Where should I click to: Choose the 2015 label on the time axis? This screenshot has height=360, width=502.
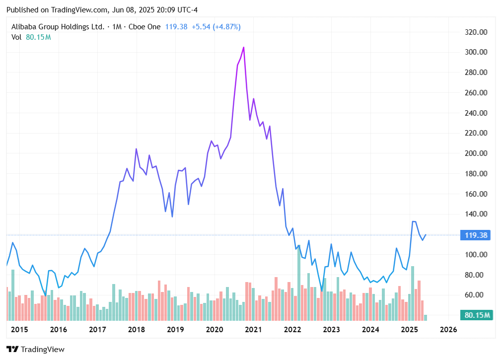pyautogui.click(x=19, y=330)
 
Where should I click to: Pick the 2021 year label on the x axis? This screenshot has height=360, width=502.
pyautogui.click(x=253, y=330)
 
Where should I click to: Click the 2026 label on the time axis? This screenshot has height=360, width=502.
pyautogui.click(x=448, y=330)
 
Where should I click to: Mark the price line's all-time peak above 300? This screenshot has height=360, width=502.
pyautogui.click(x=243, y=47)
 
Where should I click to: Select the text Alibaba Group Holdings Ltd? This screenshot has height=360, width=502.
pyautogui.click(x=58, y=27)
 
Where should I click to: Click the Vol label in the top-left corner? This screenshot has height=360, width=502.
pyautogui.click(x=16, y=37)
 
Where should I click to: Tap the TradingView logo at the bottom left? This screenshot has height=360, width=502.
pyautogui.click(x=35, y=349)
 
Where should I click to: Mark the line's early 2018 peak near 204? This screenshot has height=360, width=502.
pyautogui.click(x=137, y=149)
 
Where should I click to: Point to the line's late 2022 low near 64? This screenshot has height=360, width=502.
pyautogui.click(x=322, y=290)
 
